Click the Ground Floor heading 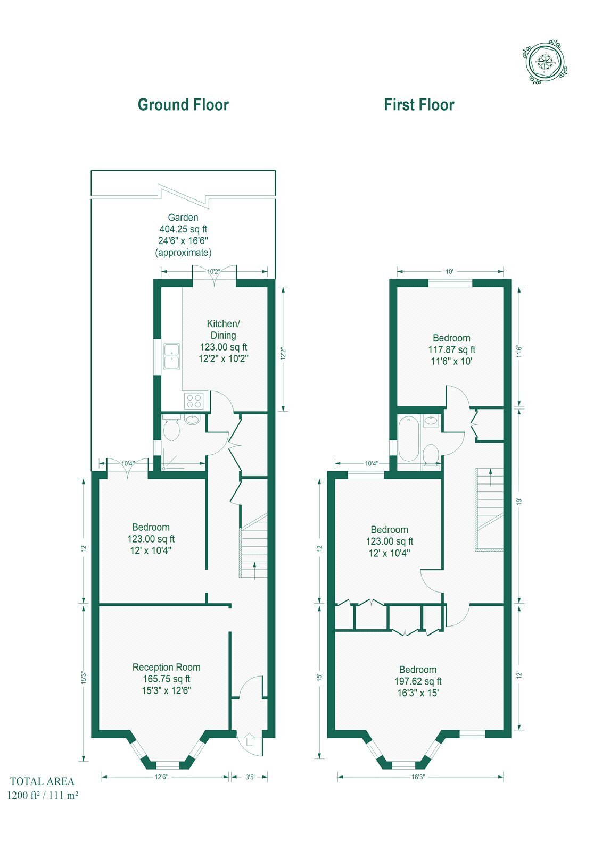coord(183,105)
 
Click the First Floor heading coord(419,105)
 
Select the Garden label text coord(183,218)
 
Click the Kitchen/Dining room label coord(223,329)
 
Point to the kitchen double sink coord(172,356)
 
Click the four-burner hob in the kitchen coord(194,401)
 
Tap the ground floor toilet coord(171,429)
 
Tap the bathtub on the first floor coord(409,438)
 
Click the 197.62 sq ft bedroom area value coord(417,681)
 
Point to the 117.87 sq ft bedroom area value coord(451,349)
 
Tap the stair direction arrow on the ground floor coord(254,570)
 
